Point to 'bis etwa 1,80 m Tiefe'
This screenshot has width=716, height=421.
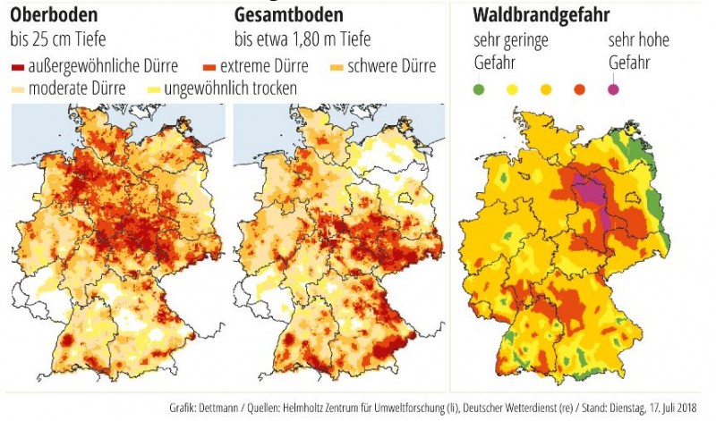[x=303, y=40]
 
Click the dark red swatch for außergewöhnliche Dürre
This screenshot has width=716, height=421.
[x=18, y=68]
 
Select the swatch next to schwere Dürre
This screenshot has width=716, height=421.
[x=338, y=68]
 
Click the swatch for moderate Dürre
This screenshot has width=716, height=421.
[x=18, y=89]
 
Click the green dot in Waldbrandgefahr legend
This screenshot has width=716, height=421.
[x=479, y=88]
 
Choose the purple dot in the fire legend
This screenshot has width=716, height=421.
[x=613, y=88]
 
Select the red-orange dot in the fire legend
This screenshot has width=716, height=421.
[x=579, y=88]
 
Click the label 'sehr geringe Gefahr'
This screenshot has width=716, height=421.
[x=510, y=52]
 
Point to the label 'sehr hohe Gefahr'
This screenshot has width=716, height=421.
[x=637, y=52]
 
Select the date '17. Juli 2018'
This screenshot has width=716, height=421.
[x=672, y=408]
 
